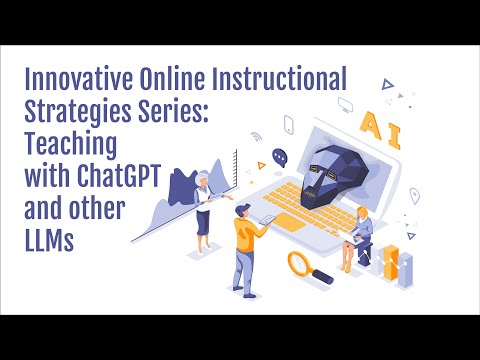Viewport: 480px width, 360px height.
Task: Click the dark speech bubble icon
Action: point(280,157)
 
